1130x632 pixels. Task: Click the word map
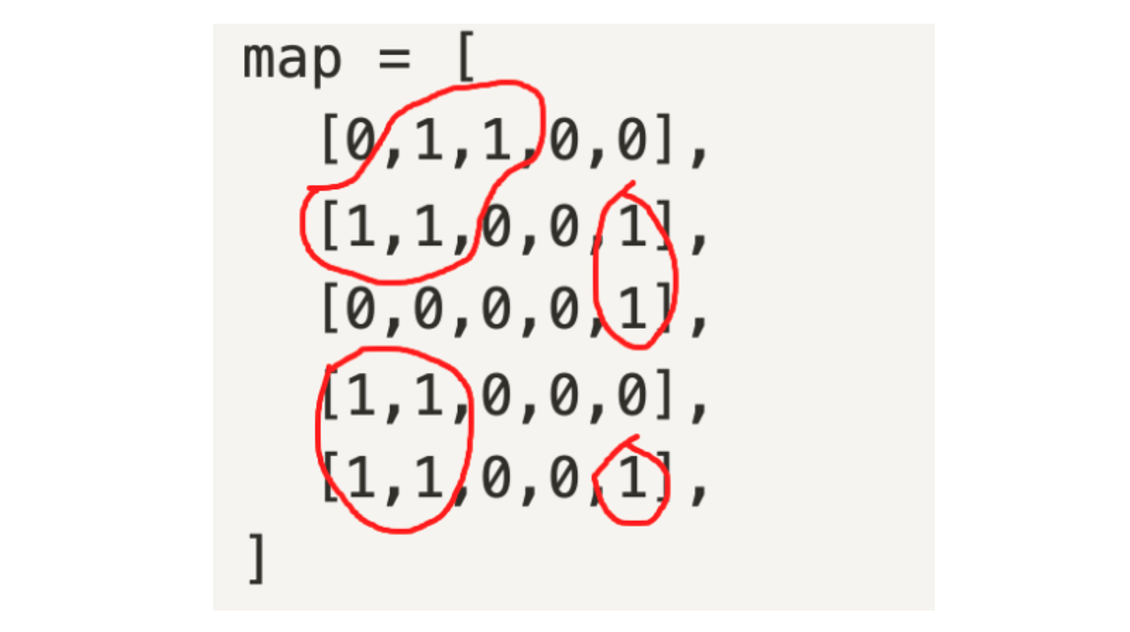pos(292,60)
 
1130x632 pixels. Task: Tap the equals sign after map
pos(394,60)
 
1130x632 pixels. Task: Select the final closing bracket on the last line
pos(257,559)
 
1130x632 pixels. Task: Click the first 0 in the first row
pos(361,140)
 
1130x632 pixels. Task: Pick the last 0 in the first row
pos(632,140)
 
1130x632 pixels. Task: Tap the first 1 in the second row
pos(361,227)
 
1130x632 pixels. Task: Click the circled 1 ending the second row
pos(632,227)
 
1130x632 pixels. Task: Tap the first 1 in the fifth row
pos(361,481)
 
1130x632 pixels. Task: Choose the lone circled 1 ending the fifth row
pos(632,481)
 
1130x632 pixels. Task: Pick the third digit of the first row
pos(496,140)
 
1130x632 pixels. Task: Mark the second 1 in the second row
pos(429,227)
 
